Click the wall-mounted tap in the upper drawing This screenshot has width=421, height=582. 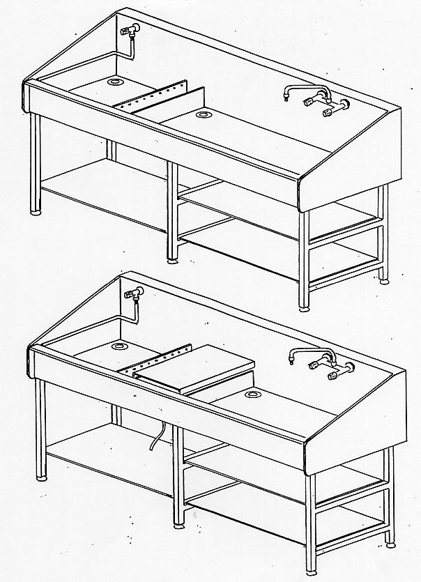(x=130, y=31)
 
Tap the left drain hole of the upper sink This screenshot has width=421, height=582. (x=114, y=82)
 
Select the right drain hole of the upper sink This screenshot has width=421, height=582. (x=204, y=113)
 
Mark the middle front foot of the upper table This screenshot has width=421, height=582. (x=172, y=261)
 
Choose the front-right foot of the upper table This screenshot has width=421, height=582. (x=304, y=307)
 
